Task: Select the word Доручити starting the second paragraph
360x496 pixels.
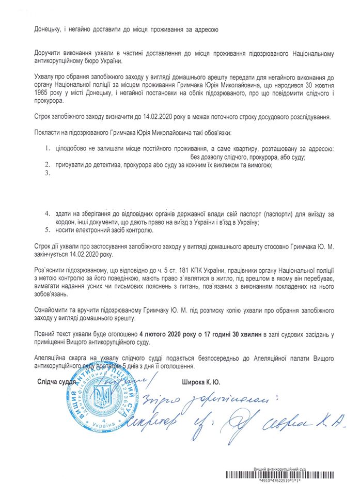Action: click(51, 54)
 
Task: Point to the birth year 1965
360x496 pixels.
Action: click(44, 91)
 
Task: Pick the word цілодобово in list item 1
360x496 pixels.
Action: click(76, 149)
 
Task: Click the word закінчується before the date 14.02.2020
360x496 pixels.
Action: click(54, 255)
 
